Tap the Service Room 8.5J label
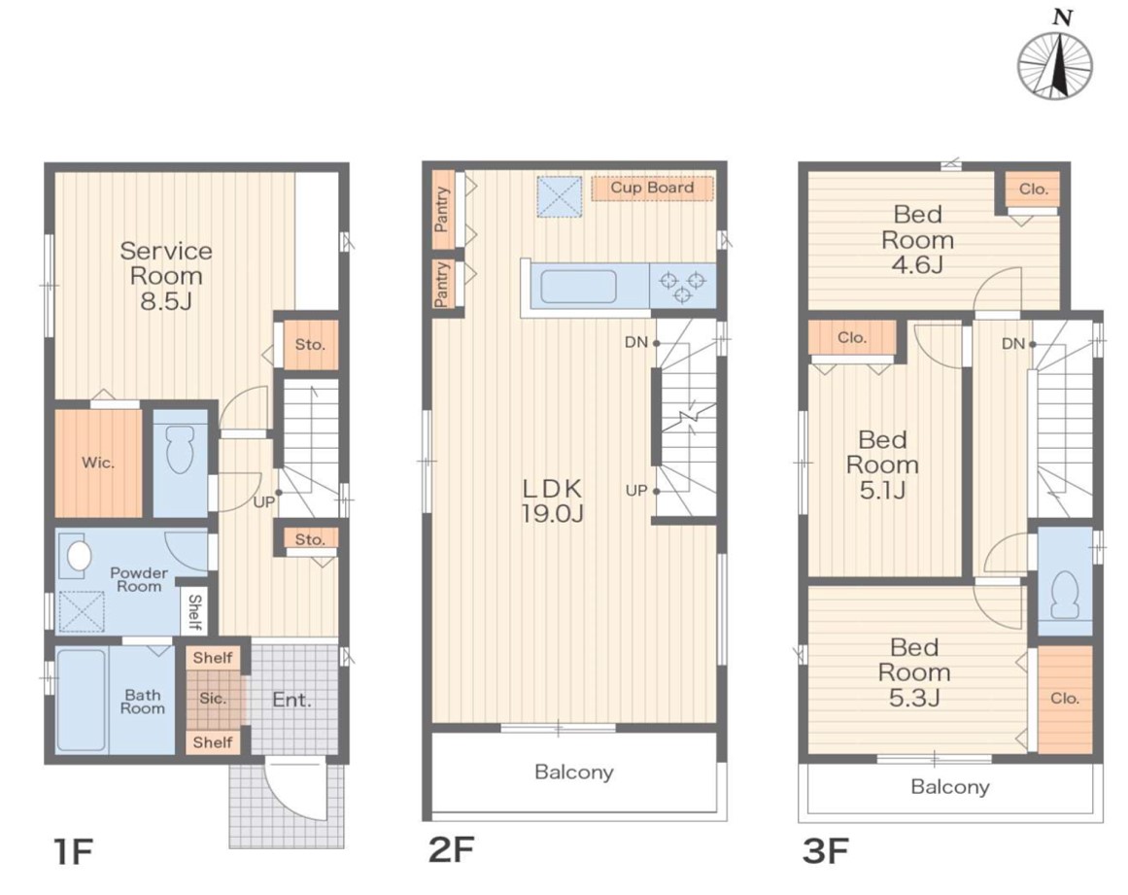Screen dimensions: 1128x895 tap(166, 276)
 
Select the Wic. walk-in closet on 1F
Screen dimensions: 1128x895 tap(98, 463)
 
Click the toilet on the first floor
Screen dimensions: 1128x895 tap(179, 450)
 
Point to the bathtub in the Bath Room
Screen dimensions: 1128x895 tap(82, 700)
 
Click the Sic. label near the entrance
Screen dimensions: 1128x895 tap(213, 699)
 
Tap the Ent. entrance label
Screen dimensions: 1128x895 tap(292, 700)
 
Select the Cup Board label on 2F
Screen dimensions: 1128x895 tap(652, 188)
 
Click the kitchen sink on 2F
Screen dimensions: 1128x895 tap(578, 287)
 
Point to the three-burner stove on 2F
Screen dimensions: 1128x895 tap(683, 286)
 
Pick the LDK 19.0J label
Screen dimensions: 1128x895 tap(552, 500)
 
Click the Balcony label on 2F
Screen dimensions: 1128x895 tap(574, 772)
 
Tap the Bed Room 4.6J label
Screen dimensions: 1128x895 tap(917, 240)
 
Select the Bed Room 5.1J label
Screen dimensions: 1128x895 tap(883, 465)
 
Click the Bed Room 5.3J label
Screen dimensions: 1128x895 tap(914, 672)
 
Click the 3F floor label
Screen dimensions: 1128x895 tap(825, 851)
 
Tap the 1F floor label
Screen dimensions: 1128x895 tap(73, 852)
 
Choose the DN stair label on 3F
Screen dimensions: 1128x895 tap(1013, 344)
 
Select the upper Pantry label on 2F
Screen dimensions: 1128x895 tap(442, 209)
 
